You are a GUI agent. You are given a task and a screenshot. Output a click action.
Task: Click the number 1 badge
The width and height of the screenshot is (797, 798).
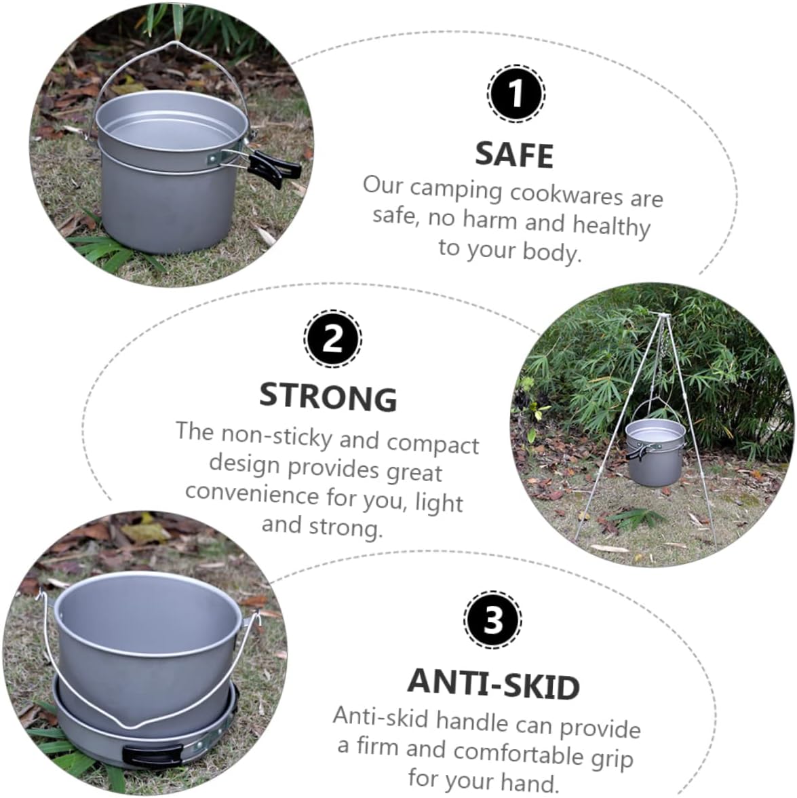tap(516, 94)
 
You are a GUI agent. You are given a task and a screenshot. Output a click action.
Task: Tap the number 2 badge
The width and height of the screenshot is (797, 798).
tap(332, 338)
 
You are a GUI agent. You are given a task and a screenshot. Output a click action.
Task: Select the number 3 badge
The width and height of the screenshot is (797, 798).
tap(493, 620)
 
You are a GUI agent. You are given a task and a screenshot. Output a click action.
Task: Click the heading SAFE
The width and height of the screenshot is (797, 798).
tap(514, 155)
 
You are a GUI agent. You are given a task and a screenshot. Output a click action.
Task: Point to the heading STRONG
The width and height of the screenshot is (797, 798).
tap(328, 396)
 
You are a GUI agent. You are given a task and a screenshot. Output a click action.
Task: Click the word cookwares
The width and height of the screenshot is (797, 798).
tap(566, 194)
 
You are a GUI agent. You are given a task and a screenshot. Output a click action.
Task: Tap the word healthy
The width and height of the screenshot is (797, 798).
tap(611, 225)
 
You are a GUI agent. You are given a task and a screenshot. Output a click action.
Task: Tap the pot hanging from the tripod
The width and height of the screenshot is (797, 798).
tap(655, 451)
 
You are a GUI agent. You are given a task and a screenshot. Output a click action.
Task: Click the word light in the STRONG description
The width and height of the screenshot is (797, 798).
tap(439, 503)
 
